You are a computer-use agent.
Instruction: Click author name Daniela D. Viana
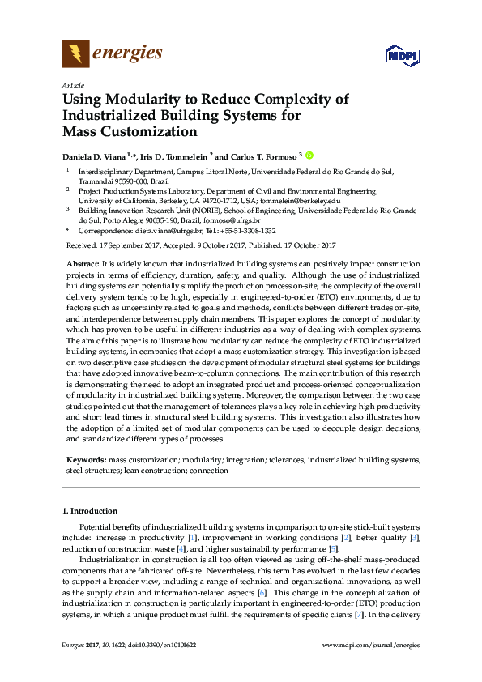pos(100,156)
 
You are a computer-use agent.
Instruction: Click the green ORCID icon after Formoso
pos(309,155)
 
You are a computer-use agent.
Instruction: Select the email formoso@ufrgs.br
pos(234,220)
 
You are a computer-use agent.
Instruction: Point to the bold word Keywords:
pos(86,459)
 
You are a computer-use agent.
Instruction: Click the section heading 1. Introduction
pos(90,512)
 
